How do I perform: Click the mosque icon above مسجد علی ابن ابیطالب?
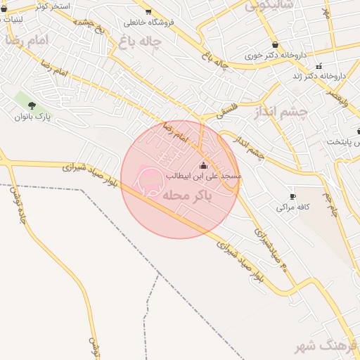coord(204,166)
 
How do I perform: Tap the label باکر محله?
coord(187,195)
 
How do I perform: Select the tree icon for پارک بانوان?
coord(32,105)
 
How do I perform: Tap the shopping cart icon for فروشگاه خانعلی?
coord(148,11)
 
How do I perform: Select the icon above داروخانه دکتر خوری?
coord(274,44)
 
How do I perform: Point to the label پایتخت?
coord(344,141)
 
